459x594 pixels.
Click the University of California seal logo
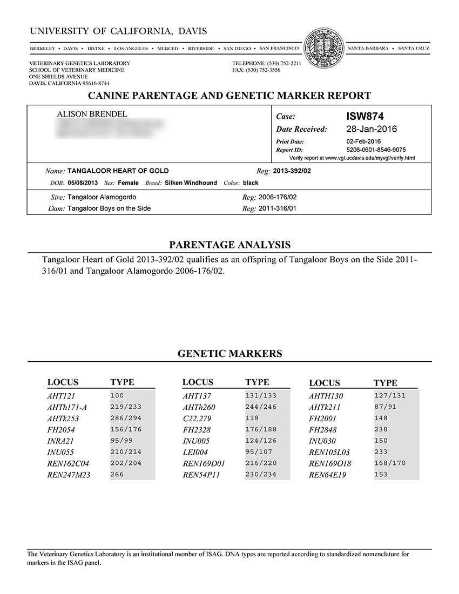323,48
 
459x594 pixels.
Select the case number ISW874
364,116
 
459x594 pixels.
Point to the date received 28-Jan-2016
371,129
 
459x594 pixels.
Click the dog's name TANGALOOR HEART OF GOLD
118,171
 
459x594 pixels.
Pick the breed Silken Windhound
191,183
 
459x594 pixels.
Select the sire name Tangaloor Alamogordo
102,198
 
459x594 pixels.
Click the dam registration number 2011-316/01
278,208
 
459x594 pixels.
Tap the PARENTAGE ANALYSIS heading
230,245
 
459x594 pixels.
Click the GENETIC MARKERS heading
230,354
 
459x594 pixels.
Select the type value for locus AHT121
117,396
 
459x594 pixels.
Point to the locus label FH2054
61,430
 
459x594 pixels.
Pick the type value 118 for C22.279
252,418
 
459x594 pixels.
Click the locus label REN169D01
204,464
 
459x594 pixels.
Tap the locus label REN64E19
327,475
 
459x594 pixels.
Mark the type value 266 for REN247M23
117,475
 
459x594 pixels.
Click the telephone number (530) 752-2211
282,63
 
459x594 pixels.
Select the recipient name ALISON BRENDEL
92,114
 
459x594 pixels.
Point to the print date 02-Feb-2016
363,141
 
